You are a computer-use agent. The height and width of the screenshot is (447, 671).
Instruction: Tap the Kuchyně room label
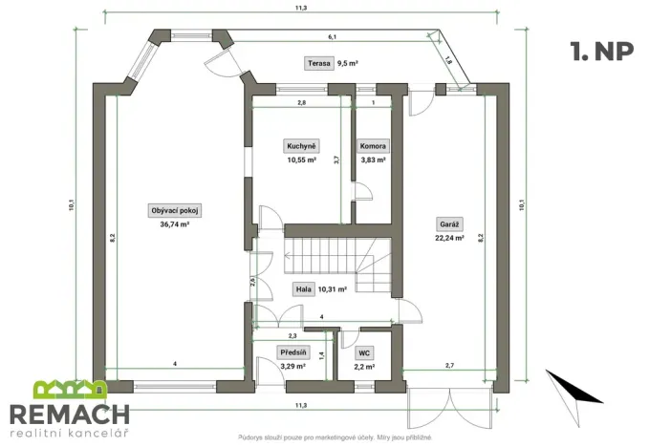tap(300, 146)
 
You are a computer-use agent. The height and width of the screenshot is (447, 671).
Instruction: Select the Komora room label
tap(373, 146)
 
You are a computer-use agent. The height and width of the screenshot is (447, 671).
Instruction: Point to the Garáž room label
tap(449, 224)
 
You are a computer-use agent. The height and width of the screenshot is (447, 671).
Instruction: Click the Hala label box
tap(303, 287)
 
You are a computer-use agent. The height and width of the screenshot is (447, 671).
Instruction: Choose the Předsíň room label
tap(292, 352)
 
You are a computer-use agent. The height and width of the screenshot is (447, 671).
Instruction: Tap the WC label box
tap(364, 352)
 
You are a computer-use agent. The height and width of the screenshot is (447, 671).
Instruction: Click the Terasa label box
tap(318, 64)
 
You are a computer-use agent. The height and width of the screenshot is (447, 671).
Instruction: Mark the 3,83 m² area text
tap(373, 160)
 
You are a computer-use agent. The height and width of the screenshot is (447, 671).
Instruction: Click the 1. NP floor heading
tap(599, 49)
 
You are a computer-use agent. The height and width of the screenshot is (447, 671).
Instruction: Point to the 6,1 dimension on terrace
tap(332, 36)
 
